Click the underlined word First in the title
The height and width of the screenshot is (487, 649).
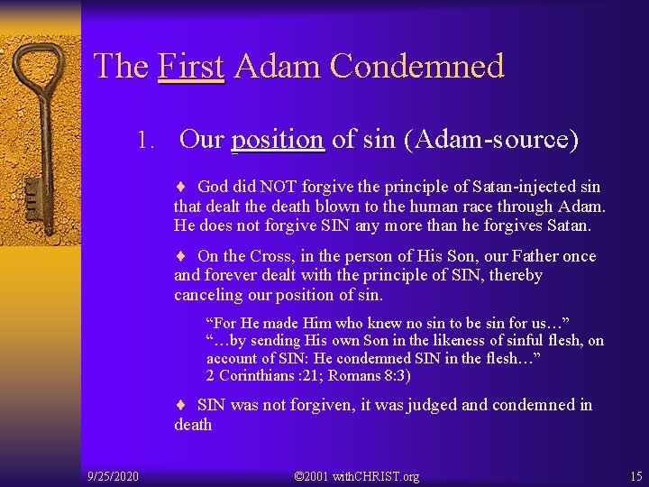pos(191,66)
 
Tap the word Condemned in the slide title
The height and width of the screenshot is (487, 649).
pos(416,66)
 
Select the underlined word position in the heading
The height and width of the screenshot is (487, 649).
pos(277,140)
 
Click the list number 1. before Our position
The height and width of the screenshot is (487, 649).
pos(147,141)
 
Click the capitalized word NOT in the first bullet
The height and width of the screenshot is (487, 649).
pos(277,187)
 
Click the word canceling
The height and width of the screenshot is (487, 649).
pos(206,295)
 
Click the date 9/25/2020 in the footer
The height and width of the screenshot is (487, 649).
pos(113,475)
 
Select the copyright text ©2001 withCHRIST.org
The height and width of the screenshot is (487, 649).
pos(357,475)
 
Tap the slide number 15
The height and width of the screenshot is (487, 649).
pos(636,475)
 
